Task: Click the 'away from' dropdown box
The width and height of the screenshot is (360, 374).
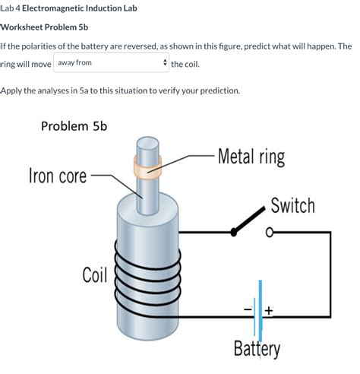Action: (x=111, y=63)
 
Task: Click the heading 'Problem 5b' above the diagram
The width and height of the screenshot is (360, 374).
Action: (x=74, y=125)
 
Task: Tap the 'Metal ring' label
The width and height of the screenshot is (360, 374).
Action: (x=251, y=157)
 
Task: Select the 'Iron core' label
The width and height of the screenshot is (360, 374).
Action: (x=57, y=176)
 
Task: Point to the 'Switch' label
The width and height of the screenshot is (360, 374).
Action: (x=292, y=206)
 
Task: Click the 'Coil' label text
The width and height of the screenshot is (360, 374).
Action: (x=94, y=274)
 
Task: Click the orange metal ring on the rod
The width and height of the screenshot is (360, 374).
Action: (x=144, y=169)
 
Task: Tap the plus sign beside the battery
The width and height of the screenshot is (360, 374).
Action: (x=270, y=310)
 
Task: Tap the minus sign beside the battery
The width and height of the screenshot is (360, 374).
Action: (x=248, y=310)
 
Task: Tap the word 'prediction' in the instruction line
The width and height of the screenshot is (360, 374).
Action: (x=216, y=90)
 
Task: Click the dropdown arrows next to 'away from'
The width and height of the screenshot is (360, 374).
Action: (x=164, y=63)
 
